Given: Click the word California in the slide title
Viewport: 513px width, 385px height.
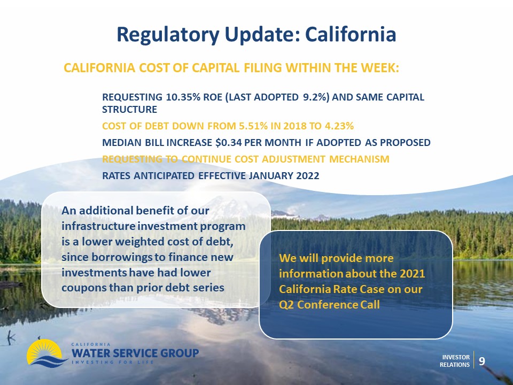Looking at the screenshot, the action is [x=351, y=34].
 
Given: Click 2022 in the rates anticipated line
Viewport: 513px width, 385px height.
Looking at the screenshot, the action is [x=308, y=176].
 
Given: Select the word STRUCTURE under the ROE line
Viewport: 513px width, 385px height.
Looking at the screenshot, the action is [x=129, y=109].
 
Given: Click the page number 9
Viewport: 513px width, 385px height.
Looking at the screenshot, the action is [x=482, y=361].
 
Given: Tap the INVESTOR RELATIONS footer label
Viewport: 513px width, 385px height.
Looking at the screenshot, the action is [x=455, y=361].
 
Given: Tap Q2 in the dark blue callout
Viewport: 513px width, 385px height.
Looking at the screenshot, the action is [x=286, y=305].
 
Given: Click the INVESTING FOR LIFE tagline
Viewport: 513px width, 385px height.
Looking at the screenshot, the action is [x=113, y=362].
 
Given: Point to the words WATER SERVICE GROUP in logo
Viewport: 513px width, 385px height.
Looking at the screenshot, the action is [x=135, y=353].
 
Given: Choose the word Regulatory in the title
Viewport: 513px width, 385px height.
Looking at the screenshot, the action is [x=168, y=35].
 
